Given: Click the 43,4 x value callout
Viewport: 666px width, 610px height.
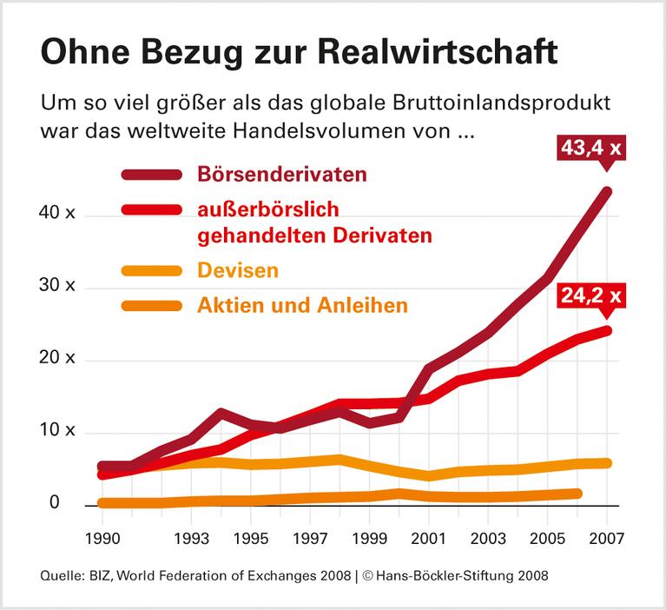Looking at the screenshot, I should pos(590,148).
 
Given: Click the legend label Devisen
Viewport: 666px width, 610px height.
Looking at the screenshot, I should pos(238,270).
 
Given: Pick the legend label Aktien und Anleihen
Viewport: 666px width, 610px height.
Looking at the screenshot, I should pos(303,306).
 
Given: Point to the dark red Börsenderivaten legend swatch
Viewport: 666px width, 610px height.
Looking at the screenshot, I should pos(152,174).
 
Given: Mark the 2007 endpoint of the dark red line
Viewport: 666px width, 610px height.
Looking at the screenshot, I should pos(608,190).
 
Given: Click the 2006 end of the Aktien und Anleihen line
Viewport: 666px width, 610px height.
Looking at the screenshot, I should pos(577,494).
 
